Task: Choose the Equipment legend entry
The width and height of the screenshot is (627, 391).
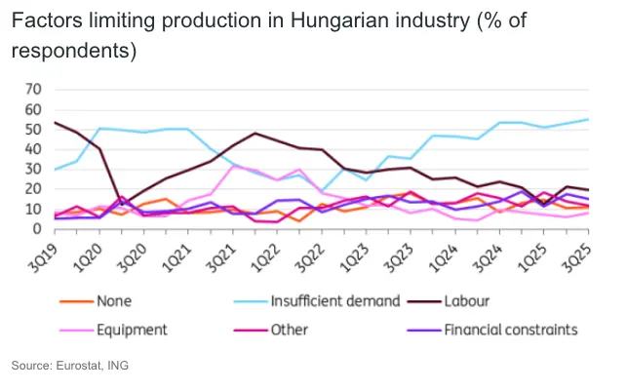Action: (x=133, y=330)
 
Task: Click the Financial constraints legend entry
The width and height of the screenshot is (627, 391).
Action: (x=511, y=330)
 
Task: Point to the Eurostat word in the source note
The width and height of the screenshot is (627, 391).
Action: (x=79, y=367)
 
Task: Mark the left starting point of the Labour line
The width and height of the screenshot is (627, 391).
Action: (x=55, y=123)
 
